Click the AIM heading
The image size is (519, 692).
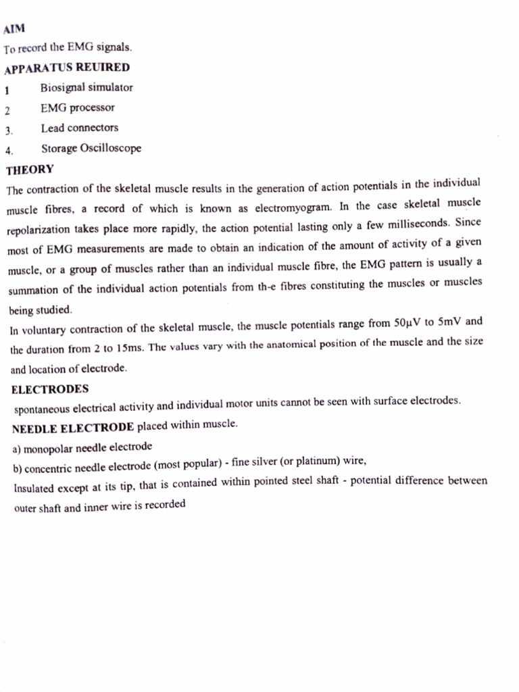pos(14,30)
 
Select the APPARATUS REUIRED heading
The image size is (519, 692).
pos(67,68)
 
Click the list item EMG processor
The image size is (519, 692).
pos(78,108)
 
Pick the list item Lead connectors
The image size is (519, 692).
pos(79,128)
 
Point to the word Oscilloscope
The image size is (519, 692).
pos(111,149)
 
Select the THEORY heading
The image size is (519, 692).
pos(30,170)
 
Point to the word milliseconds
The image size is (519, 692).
pos(416,223)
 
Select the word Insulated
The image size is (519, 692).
pos(36,488)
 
